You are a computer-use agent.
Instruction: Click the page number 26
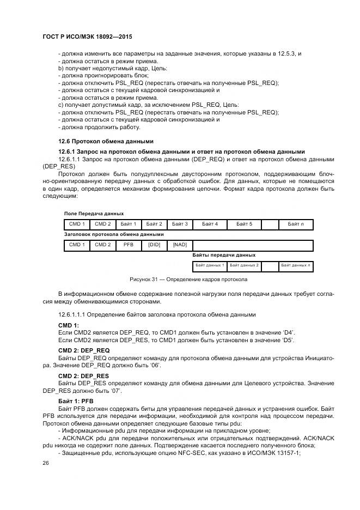tap(46, 463)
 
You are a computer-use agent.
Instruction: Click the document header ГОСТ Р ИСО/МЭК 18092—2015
tap(88, 37)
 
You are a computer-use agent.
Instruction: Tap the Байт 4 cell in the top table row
tap(210, 224)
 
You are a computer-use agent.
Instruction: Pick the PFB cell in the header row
tap(128, 245)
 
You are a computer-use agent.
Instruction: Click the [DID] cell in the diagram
tap(154, 245)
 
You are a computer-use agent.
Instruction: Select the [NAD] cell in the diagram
tap(180, 245)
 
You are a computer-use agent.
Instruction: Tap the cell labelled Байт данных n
tap(296, 265)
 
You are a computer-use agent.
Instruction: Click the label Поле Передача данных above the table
tap(94, 214)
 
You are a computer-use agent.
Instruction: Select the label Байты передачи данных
tap(224, 255)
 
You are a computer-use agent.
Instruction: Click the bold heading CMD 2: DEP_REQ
tap(84, 350)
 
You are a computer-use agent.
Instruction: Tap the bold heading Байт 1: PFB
tap(76, 400)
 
